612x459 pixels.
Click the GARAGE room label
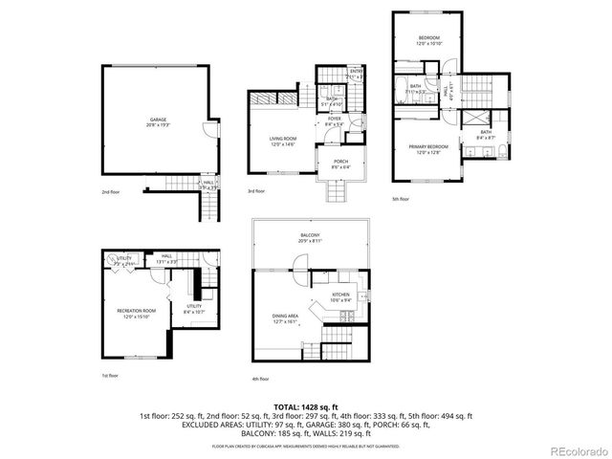157,120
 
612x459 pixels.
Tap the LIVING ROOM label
281,140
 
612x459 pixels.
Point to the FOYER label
335,119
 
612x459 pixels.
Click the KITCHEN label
341,295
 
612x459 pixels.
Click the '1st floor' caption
111,377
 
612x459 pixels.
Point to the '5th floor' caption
401,199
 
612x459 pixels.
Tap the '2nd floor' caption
111,192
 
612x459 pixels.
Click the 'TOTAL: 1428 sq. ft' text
306,407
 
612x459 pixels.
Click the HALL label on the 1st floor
165,255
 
